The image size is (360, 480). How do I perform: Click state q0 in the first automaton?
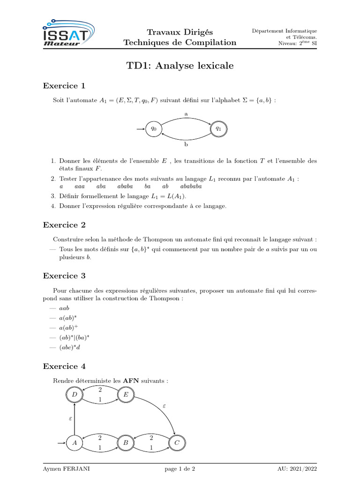point(154,128)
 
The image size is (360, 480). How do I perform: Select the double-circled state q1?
point(218,128)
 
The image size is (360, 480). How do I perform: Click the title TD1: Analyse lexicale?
point(180,66)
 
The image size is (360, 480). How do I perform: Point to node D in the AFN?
point(74,396)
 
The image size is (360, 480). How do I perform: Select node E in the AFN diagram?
point(126,396)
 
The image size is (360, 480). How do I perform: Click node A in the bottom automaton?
point(74,442)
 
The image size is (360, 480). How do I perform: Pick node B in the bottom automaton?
point(126,442)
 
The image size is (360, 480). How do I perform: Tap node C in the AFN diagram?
point(177,442)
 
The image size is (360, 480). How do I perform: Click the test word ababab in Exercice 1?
point(191,187)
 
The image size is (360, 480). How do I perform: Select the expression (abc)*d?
point(70,347)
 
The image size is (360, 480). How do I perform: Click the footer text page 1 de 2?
point(180,469)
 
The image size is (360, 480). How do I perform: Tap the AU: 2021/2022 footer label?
point(297,469)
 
